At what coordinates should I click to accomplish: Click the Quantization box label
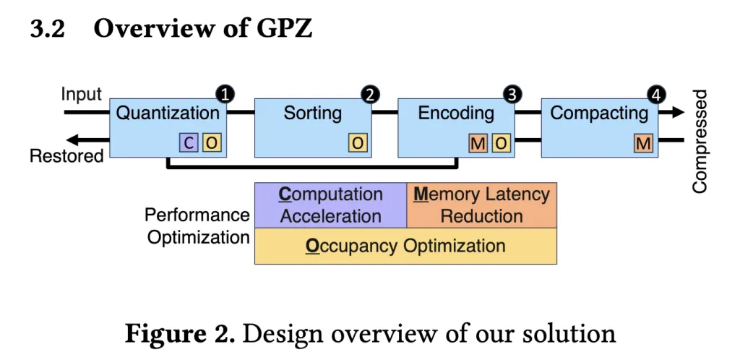168,113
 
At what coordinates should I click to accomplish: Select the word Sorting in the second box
312,113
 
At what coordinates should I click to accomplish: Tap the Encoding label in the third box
456,113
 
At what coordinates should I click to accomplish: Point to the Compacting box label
599,113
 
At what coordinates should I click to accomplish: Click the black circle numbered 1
225,94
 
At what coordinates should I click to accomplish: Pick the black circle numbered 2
370,94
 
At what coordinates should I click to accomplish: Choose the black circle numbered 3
512,94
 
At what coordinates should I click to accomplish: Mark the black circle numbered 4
657,94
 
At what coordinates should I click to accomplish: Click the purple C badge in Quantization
189,143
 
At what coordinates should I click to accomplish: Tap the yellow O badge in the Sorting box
358,143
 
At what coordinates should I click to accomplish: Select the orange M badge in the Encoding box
478,143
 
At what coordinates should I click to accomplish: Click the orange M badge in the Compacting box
643,143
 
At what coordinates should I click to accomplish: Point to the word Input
81,95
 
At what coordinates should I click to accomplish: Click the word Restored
66,155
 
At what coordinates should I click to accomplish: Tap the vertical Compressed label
700,142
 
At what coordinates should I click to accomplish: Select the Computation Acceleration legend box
331,205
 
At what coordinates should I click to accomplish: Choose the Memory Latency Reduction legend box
482,205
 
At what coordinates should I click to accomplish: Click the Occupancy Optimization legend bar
405,246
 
